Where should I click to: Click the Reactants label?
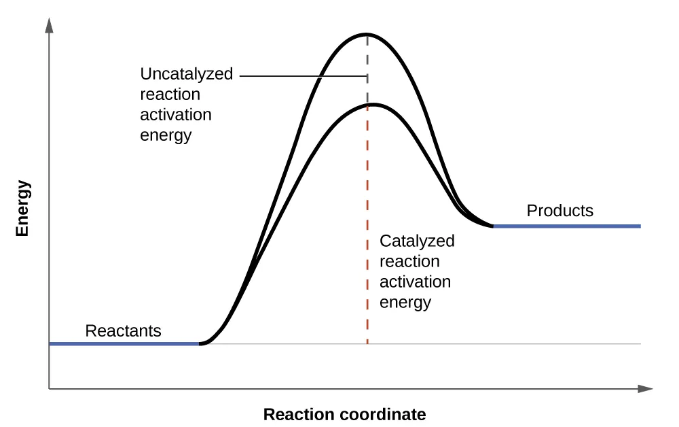coord(123,331)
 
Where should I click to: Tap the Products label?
coord(559,211)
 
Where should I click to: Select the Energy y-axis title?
coord(22,207)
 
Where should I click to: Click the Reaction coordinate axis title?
coord(344,414)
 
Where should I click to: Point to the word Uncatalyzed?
coord(186,74)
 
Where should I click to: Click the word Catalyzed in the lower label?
coord(417,241)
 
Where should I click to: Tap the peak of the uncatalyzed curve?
coord(367,34)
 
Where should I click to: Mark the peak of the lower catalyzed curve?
coord(372,104)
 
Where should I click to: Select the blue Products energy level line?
coord(566,226)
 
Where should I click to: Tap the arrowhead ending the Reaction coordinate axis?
coord(646,389)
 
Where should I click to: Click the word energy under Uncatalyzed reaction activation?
coord(166,135)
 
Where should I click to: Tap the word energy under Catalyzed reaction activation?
coord(405,302)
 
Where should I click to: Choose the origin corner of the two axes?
coord(49,389)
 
